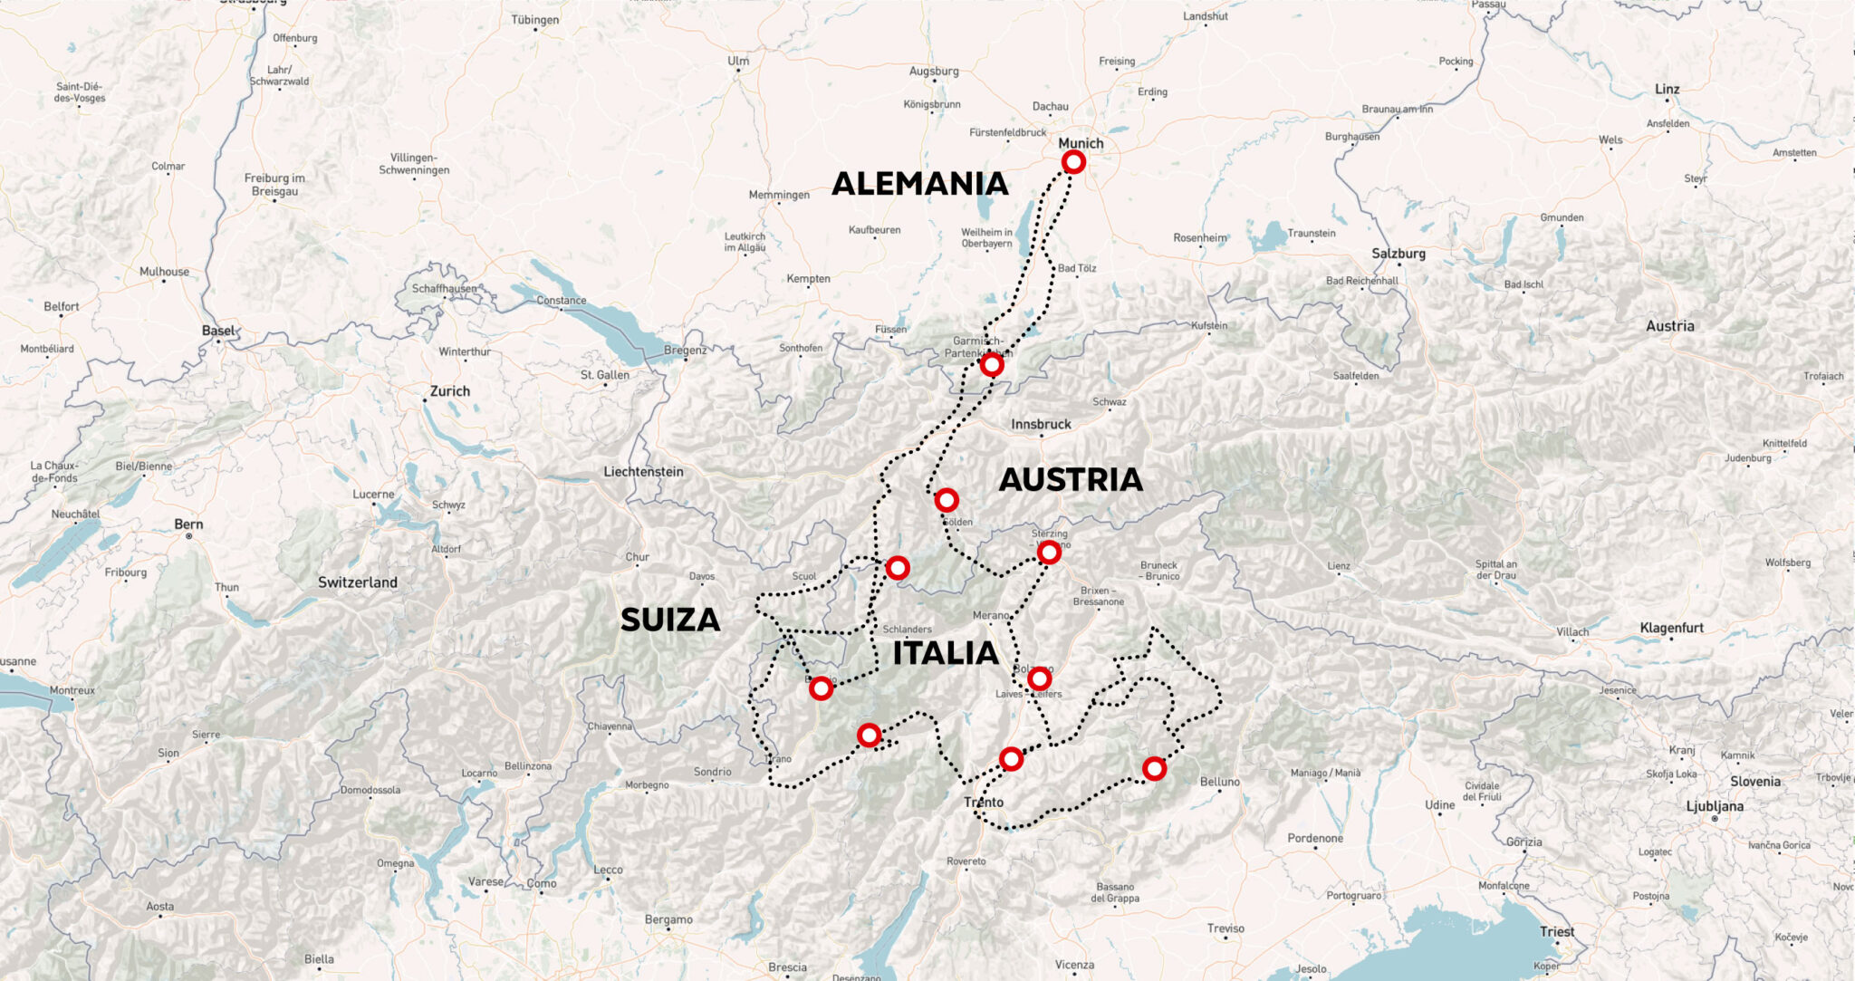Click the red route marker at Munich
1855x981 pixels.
(x=1073, y=162)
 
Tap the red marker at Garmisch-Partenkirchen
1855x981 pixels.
(x=992, y=365)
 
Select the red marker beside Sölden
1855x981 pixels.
(x=946, y=500)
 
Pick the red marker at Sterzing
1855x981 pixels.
(x=1049, y=552)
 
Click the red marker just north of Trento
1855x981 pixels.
(x=1011, y=759)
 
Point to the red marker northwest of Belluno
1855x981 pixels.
(x=1154, y=769)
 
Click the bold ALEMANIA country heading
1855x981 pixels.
(x=919, y=184)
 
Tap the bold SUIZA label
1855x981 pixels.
(x=670, y=620)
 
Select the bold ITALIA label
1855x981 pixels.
(x=946, y=653)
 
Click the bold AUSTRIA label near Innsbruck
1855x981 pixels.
(x=1071, y=479)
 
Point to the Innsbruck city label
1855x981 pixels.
(x=1041, y=424)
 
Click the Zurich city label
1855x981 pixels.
(x=450, y=391)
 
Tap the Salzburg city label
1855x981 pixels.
(x=1398, y=254)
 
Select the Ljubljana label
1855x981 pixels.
(x=1715, y=806)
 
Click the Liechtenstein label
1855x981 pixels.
(x=643, y=472)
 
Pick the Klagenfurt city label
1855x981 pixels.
(x=1671, y=628)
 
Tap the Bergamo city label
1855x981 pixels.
(x=668, y=919)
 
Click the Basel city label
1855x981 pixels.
(x=217, y=331)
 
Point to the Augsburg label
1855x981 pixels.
(x=934, y=71)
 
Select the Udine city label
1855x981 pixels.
(x=1439, y=804)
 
